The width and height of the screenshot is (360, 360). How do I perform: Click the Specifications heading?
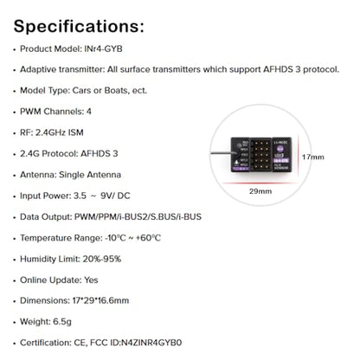(79, 27)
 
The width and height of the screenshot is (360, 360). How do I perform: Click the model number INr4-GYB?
(103, 48)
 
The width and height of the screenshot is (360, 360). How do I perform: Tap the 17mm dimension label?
(313, 157)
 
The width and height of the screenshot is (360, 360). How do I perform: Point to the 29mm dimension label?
(260, 191)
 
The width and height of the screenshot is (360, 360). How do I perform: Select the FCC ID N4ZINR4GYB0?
(151, 343)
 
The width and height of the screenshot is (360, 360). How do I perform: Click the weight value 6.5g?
(62, 322)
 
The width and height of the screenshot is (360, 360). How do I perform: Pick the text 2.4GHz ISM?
(60, 132)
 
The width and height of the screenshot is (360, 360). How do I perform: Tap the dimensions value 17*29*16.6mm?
(100, 300)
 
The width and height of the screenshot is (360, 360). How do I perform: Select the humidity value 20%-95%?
(102, 259)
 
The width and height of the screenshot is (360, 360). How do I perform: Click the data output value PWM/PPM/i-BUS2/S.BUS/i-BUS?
(138, 216)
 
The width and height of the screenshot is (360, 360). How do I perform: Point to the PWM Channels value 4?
(89, 112)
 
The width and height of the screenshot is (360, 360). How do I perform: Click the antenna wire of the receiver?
(222, 153)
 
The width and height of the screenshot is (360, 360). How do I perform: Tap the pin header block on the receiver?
(260, 154)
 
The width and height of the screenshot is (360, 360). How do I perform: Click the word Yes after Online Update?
(91, 280)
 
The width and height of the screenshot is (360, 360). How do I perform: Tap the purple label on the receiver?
(280, 160)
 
